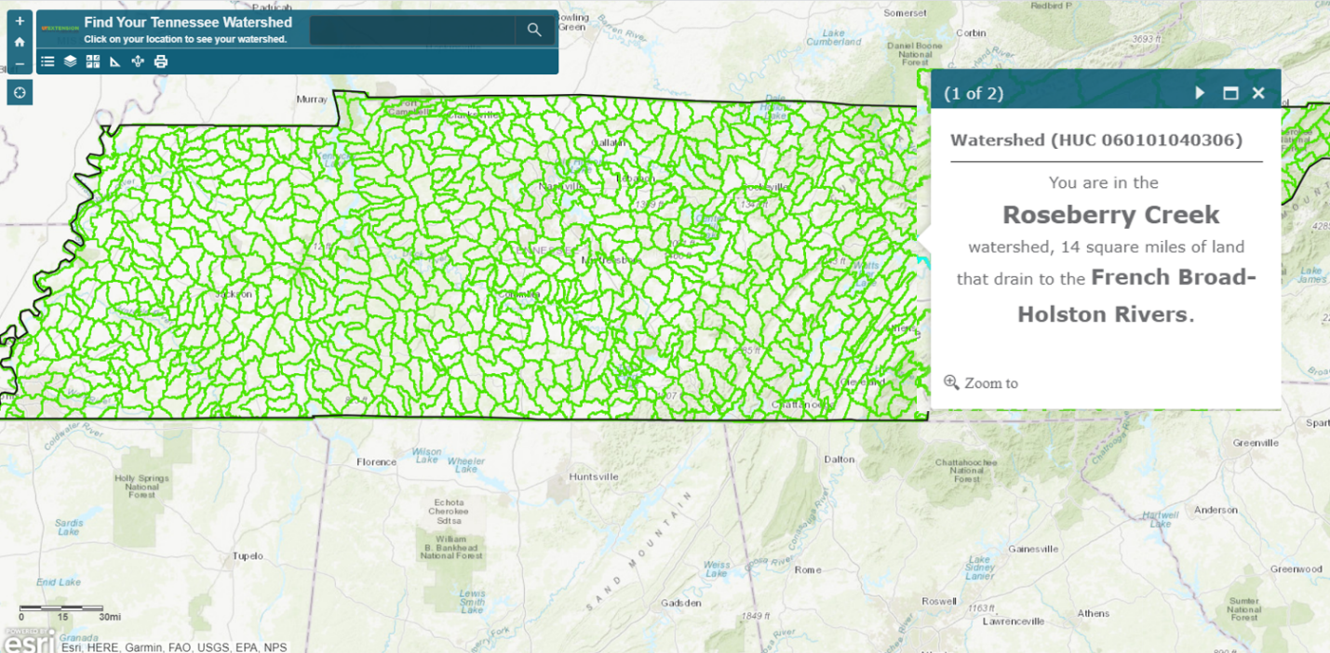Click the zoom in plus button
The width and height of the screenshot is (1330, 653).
20,20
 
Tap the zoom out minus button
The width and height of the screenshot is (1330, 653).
20,63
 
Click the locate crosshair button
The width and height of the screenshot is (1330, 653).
20,92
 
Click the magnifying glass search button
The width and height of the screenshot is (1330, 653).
534,30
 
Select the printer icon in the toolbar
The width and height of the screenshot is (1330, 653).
160,61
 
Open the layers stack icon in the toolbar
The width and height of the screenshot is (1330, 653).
71,61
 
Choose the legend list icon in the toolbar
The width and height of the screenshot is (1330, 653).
48,61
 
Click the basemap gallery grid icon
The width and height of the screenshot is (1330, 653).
93,61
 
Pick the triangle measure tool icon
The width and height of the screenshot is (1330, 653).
115,61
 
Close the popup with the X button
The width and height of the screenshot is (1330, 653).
1258,93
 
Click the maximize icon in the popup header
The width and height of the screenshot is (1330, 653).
1230,93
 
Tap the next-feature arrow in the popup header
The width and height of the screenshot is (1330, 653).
1201,93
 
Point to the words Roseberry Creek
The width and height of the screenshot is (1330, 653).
1110,215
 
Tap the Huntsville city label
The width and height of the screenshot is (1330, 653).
594,477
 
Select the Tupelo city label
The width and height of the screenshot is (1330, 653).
248,556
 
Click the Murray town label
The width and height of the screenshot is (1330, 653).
312,99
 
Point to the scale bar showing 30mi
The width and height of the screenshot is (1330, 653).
61,610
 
